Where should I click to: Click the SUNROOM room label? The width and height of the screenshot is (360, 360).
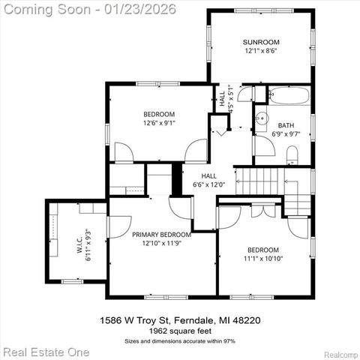click(261, 42)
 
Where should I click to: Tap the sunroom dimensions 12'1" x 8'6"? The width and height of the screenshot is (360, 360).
click(261, 52)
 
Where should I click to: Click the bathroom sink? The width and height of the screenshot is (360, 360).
click(262, 118)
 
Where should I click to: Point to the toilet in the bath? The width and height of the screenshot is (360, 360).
click(292, 155)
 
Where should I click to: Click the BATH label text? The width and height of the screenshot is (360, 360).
click(286, 125)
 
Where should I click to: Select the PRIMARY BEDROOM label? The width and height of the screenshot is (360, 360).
click(161, 235)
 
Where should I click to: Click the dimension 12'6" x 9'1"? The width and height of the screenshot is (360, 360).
click(159, 124)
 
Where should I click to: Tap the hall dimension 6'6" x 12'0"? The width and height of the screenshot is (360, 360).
click(209, 184)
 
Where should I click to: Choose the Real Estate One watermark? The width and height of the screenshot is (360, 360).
click(46, 351)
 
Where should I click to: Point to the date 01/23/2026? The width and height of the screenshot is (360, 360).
click(144, 9)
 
